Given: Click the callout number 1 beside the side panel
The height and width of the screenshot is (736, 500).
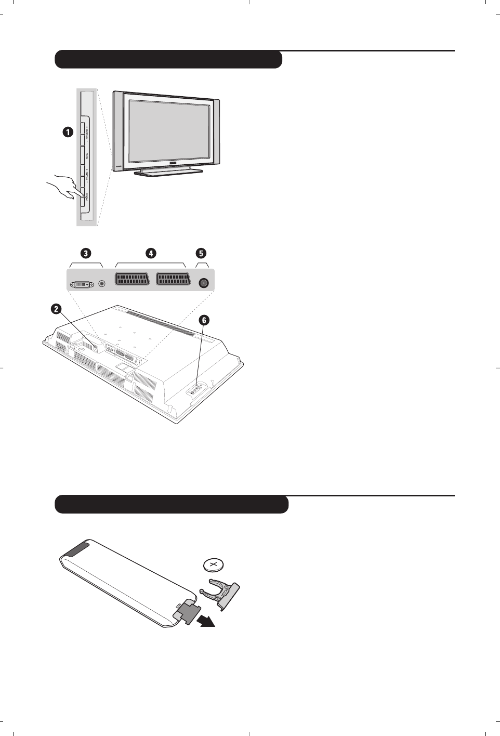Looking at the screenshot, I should (68, 133).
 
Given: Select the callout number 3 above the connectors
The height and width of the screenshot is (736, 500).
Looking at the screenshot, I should (85, 253).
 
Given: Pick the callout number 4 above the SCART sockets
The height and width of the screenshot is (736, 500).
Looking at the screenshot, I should (151, 253).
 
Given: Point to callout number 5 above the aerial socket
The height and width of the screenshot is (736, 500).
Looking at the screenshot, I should (201, 253).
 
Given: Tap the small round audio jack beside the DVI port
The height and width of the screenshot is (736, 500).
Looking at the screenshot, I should (102, 284).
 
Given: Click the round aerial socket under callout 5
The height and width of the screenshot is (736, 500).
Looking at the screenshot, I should (204, 283).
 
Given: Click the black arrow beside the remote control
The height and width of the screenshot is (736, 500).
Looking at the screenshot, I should (206, 621).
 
